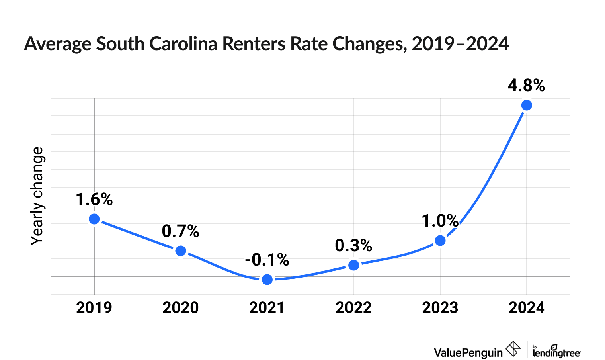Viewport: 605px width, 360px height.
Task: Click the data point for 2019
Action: [x=94, y=219]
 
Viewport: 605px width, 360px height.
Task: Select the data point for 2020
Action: [x=181, y=251]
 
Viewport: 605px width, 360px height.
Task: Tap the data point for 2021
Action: [x=267, y=280]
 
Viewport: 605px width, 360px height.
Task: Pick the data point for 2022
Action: [x=354, y=265]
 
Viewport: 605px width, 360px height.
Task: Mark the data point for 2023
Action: [x=440, y=241]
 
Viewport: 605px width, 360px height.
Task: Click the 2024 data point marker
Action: [x=527, y=105]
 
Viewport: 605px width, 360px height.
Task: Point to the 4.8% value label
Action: [x=526, y=86]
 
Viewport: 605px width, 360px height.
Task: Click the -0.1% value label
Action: [x=267, y=260]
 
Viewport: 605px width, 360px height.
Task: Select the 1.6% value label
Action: [x=94, y=200]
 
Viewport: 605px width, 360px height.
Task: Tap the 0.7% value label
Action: [x=180, y=231]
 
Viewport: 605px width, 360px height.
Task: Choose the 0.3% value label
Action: [x=353, y=246]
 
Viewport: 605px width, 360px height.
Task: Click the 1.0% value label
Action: [x=440, y=221]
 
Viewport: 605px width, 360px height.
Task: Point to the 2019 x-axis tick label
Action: [x=94, y=308]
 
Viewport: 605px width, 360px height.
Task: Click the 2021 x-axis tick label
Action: [x=267, y=308]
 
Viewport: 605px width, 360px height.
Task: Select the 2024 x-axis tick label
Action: [x=527, y=308]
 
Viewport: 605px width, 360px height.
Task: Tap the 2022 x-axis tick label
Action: [x=353, y=308]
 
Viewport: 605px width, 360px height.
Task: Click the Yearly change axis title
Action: [x=37, y=196]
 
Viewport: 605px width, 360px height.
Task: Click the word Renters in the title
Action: [x=254, y=43]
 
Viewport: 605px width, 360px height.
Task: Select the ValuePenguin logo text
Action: [x=468, y=352]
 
